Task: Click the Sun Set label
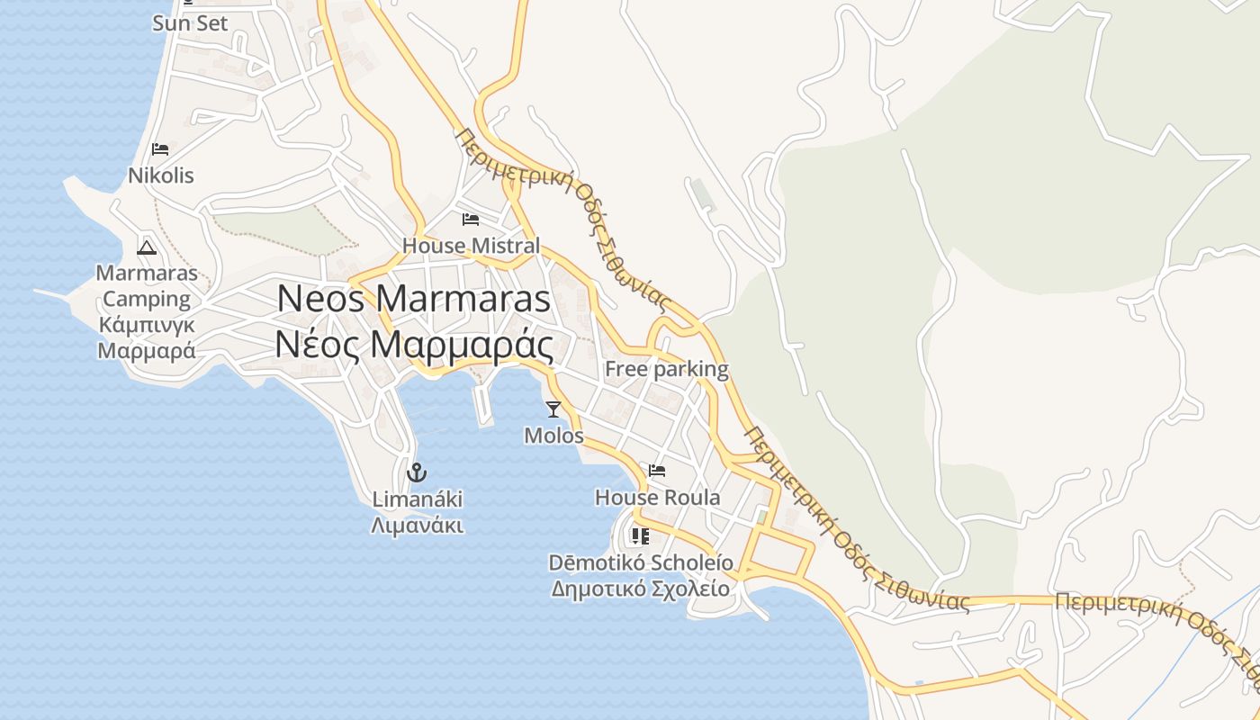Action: [x=190, y=23]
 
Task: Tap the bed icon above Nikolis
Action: [x=160, y=149]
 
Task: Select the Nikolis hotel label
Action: [x=161, y=175]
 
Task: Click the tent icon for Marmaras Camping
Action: [x=147, y=247]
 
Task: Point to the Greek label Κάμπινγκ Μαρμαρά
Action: [x=147, y=337]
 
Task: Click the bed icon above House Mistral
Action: [x=470, y=220]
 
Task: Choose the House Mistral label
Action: [x=471, y=246]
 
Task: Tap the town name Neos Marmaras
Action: [x=414, y=299]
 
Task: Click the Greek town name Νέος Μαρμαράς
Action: [x=414, y=346]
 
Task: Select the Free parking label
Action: [x=666, y=369]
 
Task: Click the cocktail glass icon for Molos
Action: [x=553, y=409]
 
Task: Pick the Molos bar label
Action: [x=553, y=436]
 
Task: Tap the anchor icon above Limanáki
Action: [x=416, y=472]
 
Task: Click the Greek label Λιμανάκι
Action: [x=417, y=525]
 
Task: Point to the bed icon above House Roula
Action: [x=657, y=471]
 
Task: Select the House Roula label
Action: [x=657, y=498]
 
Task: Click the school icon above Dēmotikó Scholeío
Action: [x=640, y=536]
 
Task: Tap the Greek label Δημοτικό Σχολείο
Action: [x=640, y=589]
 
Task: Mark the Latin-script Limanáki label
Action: [x=417, y=499]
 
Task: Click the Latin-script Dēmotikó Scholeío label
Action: [x=641, y=562]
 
